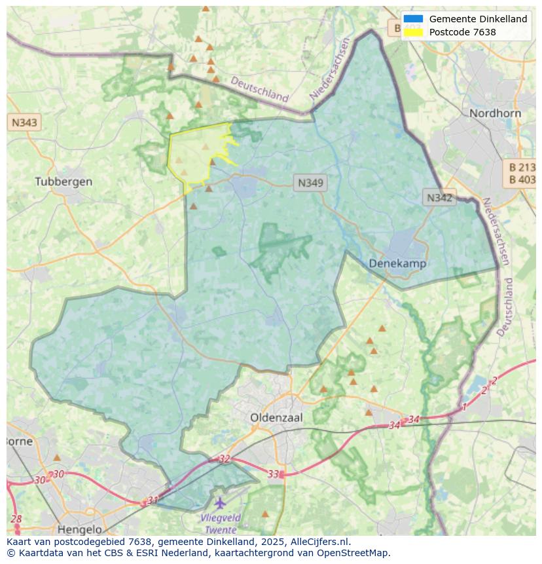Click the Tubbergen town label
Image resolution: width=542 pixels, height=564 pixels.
point(63,181)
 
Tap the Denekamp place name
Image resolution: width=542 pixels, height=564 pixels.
point(397,263)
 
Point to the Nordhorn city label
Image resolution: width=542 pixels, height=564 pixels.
point(495,113)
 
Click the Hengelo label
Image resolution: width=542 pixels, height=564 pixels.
point(80,529)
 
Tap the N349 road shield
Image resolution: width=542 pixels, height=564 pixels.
point(310,183)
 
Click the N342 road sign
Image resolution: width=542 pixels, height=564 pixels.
point(439,198)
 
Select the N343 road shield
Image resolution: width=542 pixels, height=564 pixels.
point(24,122)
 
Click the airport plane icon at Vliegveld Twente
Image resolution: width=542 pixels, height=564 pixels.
point(220,503)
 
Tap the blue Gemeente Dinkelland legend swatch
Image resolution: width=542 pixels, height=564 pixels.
point(413,19)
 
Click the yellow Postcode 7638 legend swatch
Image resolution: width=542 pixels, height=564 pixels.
point(413,32)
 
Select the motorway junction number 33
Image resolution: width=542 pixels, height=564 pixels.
point(274,474)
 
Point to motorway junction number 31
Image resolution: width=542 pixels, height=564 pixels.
point(153,500)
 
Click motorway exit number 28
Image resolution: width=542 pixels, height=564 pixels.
point(16,519)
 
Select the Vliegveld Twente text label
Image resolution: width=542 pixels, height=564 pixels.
point(221,523)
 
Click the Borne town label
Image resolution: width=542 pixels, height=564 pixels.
point(18,442)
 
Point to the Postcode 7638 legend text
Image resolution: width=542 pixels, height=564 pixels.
point(462,32)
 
